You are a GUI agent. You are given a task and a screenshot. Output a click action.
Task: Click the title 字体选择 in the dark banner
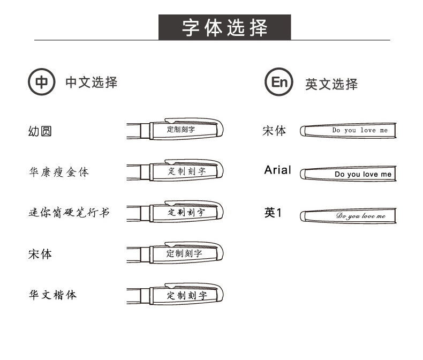pyautogui.click(x=224, y=27)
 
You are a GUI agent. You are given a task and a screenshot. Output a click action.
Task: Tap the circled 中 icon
pyautogui.click(x=41, y=82)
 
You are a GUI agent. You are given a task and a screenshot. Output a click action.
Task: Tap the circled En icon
pyautogui.click(x=279, y=82)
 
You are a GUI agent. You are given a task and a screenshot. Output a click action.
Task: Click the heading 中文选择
pyautogui.click(x=91, y=82)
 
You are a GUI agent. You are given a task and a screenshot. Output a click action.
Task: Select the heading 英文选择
pyautogui.click(x=331, y=84)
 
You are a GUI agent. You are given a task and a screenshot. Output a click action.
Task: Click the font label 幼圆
pyautogui.click(x=40, y=131)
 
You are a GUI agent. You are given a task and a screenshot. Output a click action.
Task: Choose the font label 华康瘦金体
pyautogui.click(x=58, y=172)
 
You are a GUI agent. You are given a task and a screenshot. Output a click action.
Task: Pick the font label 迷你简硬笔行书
pyautogui.click(x=69, y=213)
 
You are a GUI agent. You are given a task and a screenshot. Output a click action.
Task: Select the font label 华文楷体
pyautogui.click(x=52, y=295)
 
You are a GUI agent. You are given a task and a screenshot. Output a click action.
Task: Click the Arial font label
pyautogui.click(x=277, y=170)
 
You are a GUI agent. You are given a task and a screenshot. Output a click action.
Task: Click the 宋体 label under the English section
pyautogui.click(x=274, y=131)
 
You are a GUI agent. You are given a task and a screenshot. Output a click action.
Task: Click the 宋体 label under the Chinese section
pyautogui.click(x=40, y=254)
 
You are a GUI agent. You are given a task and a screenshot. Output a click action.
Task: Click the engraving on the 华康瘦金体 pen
pyautogui.click(x=186, y=171)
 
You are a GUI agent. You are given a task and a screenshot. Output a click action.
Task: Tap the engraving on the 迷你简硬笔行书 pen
pyautogui.click(x=186, y=212)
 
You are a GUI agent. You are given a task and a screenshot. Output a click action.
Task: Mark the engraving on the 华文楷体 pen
pyautogui.click(x=186, y=295)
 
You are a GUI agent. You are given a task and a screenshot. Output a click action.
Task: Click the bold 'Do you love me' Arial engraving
pyautogui.click(x=363, y=174)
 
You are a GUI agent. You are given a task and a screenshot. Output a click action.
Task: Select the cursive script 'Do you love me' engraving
pyautogui.click(x=360, y=216)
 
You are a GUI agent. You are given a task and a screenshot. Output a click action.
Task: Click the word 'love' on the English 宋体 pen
pyautogui.click(x=368, y=130)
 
